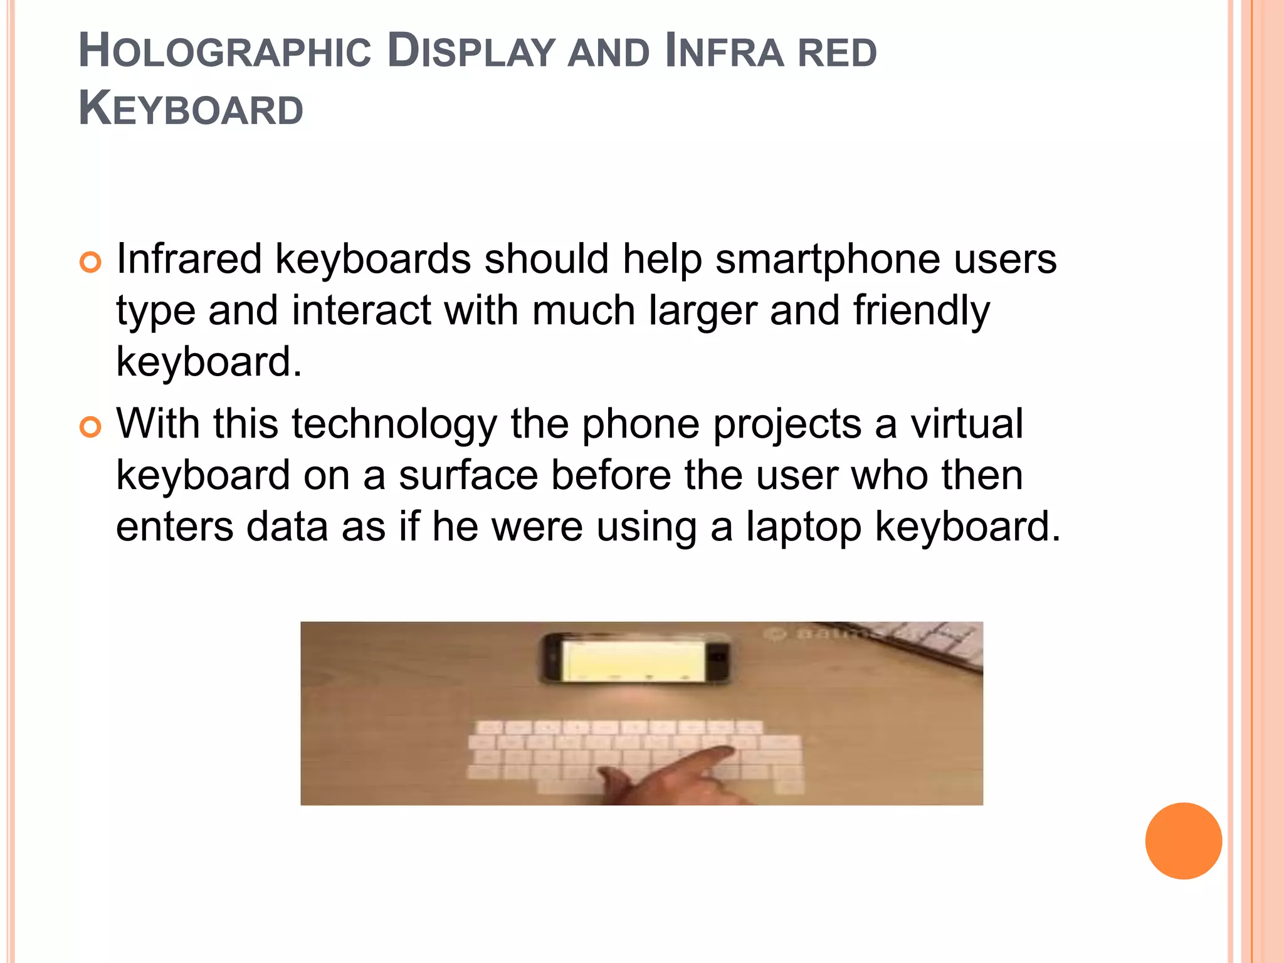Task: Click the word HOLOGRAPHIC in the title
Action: click(x=225, y=51)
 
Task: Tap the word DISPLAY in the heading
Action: click(x=471, y=51)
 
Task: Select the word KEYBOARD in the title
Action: click(x=191, y=109)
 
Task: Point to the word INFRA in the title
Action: click(x=724, y=51)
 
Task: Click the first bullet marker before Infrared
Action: click(x=90, y=262)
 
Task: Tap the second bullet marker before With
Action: click(x=90, y=427)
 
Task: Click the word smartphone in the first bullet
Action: click(x=828, y=260)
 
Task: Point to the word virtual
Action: click(x=967, y=424)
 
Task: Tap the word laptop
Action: click(x=804, y=527)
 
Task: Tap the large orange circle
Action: click(x=1183, y=841)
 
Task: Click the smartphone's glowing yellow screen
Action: click(x=633, y=658)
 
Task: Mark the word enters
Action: click(x=174, y=527)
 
